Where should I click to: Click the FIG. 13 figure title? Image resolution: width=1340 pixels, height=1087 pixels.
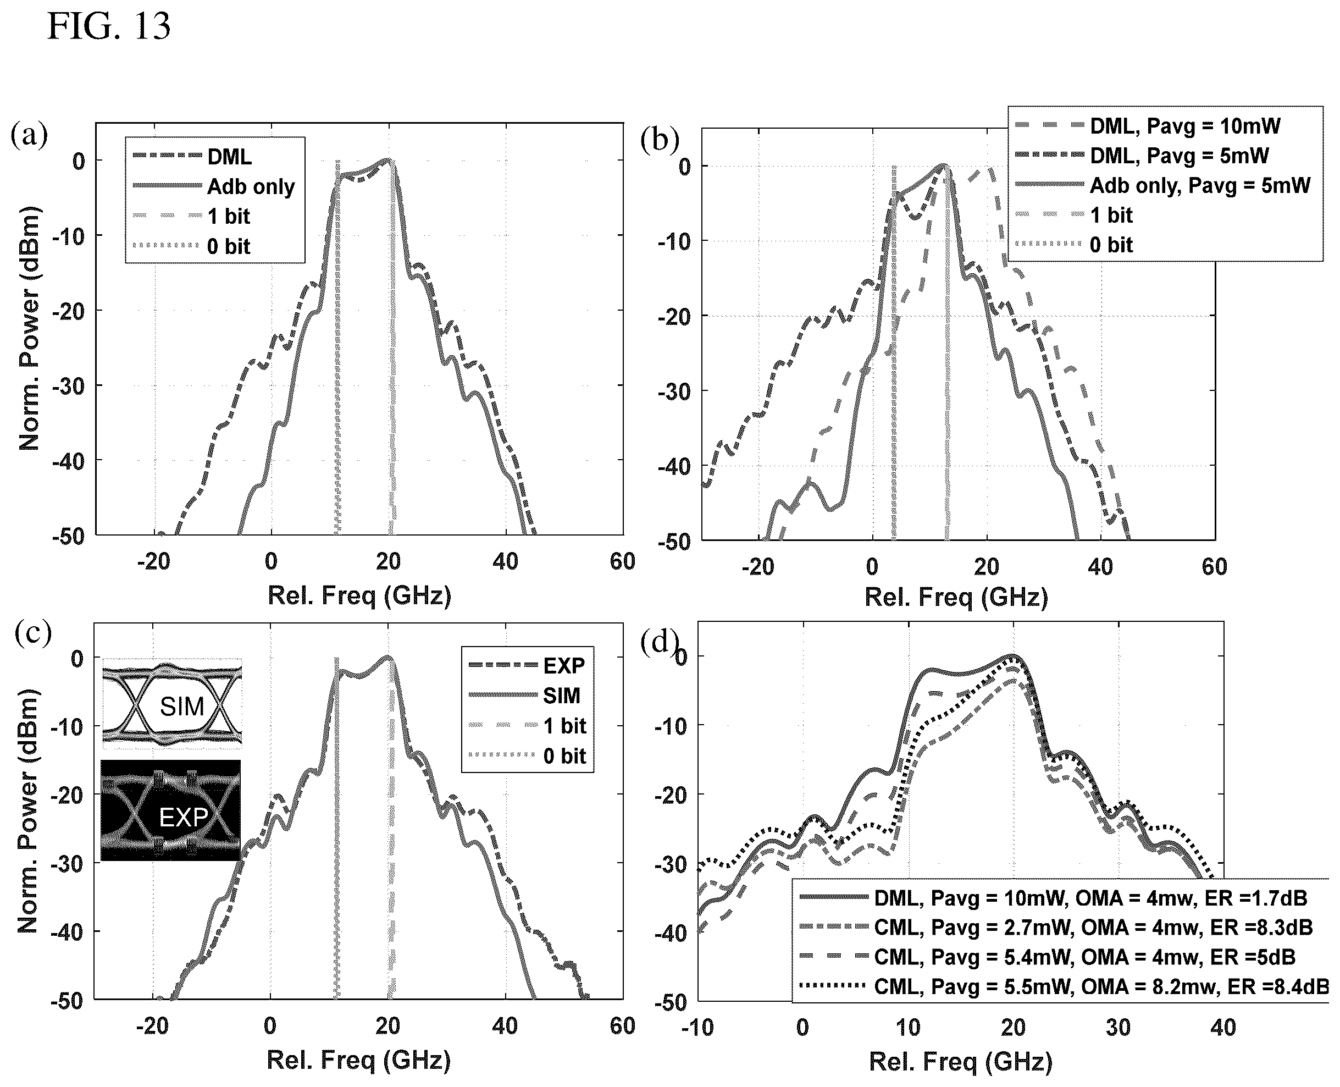coord(109,26)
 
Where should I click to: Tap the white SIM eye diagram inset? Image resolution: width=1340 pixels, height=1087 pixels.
coord(171,704)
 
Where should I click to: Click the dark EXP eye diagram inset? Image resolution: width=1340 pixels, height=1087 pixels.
coord(170,810)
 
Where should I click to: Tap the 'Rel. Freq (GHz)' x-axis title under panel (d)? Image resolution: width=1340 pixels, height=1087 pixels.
coord(961,1062)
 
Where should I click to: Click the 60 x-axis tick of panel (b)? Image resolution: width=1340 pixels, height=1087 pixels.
coord(1214,567)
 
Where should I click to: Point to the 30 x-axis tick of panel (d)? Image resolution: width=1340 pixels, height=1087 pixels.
coord(1118,1028)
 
